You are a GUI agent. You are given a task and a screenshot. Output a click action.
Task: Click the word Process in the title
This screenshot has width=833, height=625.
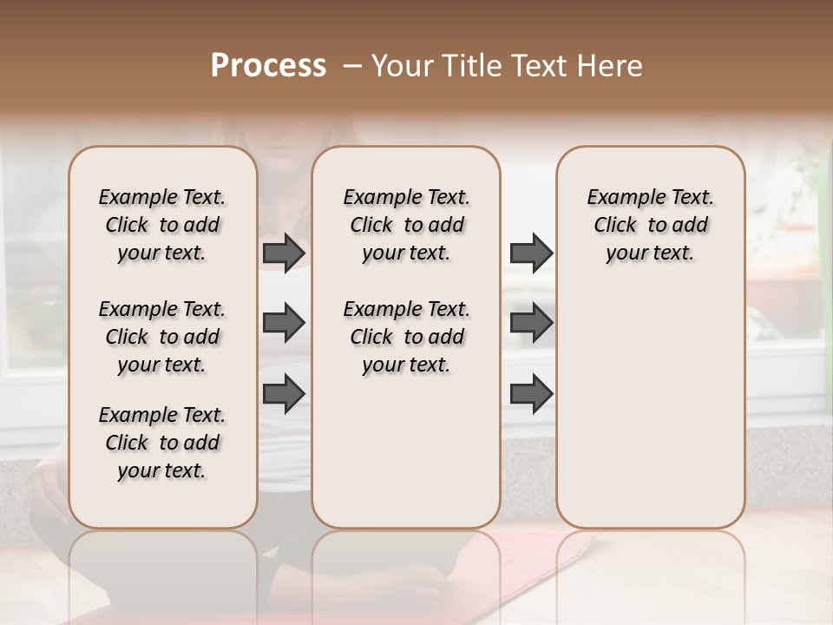268,65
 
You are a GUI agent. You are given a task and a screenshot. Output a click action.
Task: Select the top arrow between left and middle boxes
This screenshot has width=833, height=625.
284,253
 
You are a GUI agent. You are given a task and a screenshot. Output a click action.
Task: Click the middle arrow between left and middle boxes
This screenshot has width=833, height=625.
284,323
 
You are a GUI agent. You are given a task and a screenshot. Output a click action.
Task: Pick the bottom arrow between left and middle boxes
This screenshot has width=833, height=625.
284,393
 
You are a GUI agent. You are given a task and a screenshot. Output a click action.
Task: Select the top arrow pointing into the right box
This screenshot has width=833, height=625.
531,253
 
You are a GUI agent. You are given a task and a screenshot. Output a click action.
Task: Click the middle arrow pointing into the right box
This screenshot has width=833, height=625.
531,323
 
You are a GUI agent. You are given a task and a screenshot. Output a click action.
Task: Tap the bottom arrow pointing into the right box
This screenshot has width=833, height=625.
531,393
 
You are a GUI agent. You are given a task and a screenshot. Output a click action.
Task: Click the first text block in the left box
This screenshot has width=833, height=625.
162,225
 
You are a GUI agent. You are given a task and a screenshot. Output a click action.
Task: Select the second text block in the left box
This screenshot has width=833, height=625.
162,337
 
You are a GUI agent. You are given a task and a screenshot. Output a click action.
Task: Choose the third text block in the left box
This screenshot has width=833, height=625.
162,443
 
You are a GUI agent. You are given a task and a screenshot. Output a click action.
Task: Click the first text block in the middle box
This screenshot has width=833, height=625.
406,225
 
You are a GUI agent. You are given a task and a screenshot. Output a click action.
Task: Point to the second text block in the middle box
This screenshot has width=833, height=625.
406,337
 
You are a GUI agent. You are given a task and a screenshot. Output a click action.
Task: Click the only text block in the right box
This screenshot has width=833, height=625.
650,225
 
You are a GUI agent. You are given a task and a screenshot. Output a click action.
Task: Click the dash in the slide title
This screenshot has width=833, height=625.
351,65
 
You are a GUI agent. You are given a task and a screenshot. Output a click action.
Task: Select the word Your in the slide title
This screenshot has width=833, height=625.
402,65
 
